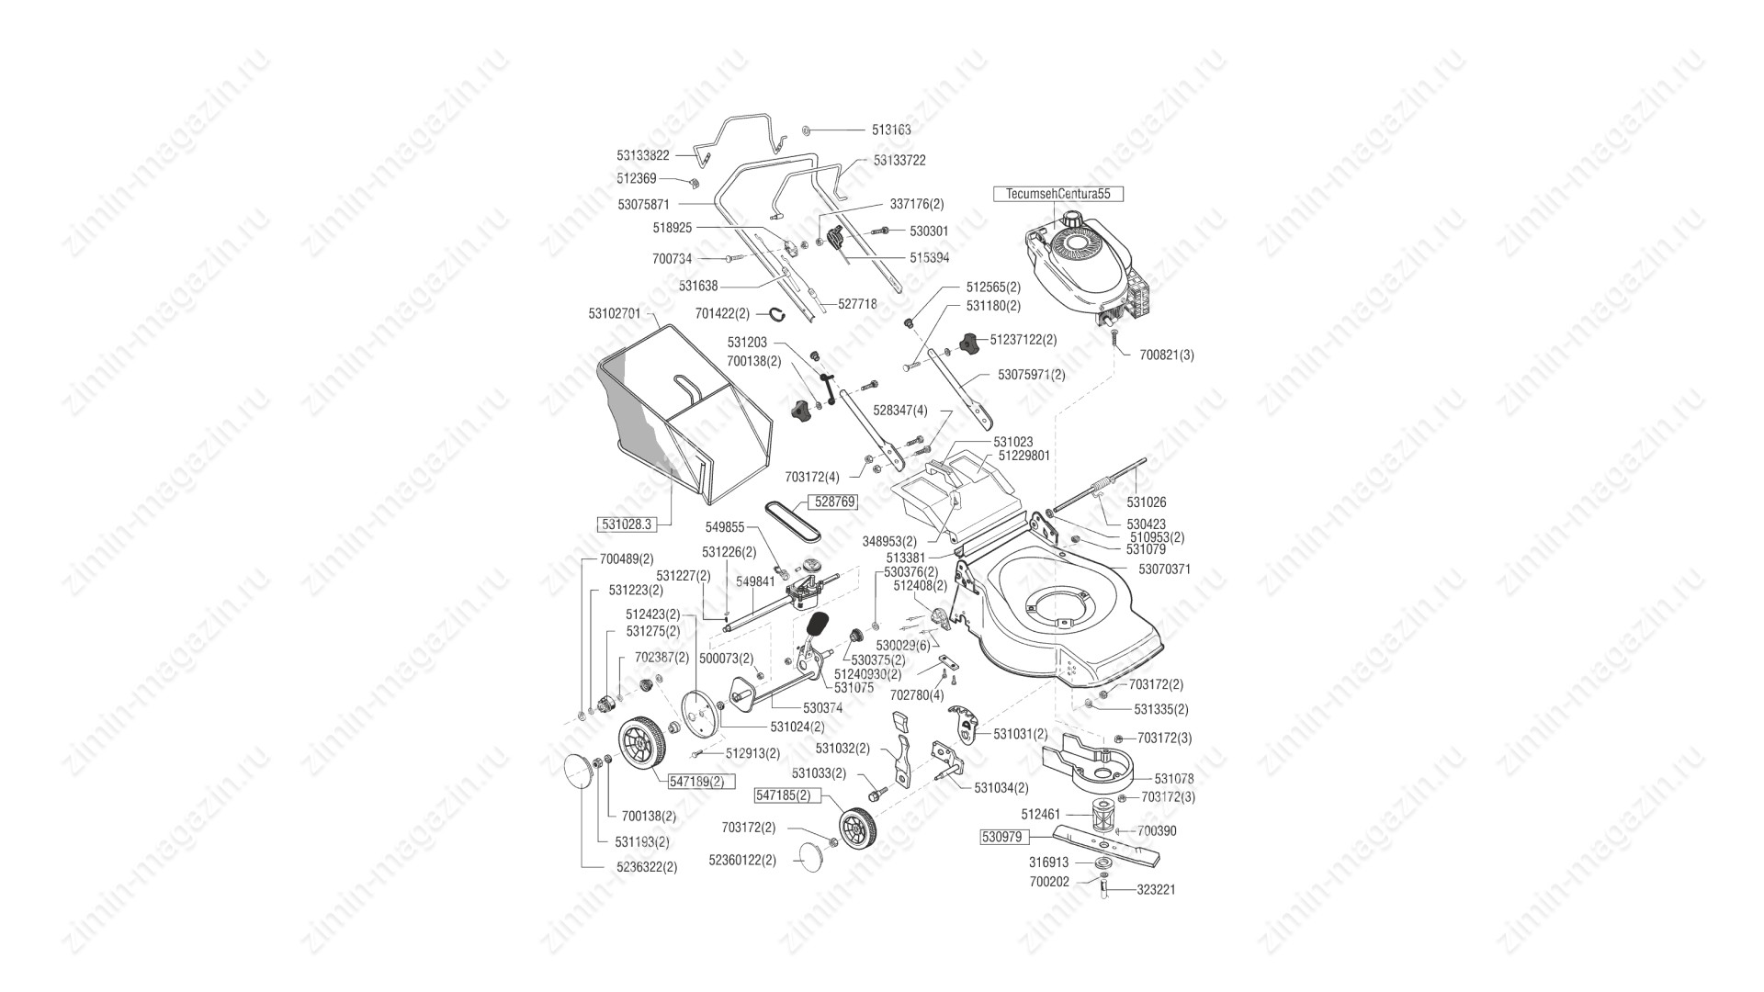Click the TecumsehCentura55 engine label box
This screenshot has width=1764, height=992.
point(1058,194)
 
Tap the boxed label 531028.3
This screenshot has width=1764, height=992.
point(626,524)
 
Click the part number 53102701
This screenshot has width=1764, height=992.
point(615,313)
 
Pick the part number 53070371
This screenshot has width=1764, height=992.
point(1164,569)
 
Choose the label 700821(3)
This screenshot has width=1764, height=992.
point(1167,355)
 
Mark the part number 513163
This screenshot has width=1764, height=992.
point(891,130)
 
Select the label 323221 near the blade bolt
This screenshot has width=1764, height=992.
point(1156,890)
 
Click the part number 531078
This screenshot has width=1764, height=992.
point(1174,779)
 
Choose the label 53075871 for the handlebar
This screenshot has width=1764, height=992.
point(643,204)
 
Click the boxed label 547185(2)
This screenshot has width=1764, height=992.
point(783,795)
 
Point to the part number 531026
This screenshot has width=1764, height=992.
point(1147,502)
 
